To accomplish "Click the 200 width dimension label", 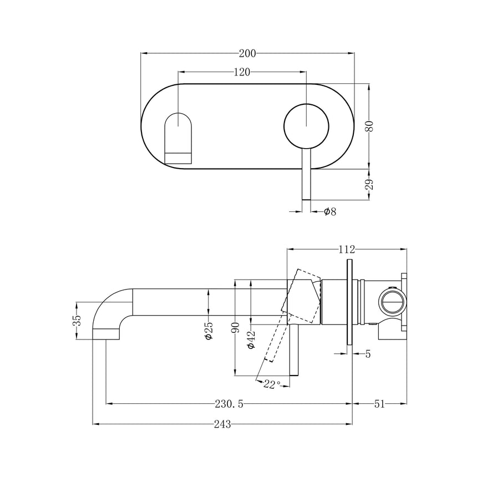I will [x=247, y=54].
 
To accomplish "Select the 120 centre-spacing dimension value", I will [x=242, y=72].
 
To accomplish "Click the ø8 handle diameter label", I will [x=329, y=211].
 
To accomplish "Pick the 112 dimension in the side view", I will [x=347, y=250].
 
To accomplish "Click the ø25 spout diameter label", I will [x=209, y=331].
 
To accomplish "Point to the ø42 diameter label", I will [x=251, y=338].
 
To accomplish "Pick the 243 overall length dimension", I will [x=222, y=424].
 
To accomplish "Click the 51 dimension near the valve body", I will [x=379, y=404].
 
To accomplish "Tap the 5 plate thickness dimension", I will [x=368, y=353].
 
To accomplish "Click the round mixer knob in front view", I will [x=306, y=126].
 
